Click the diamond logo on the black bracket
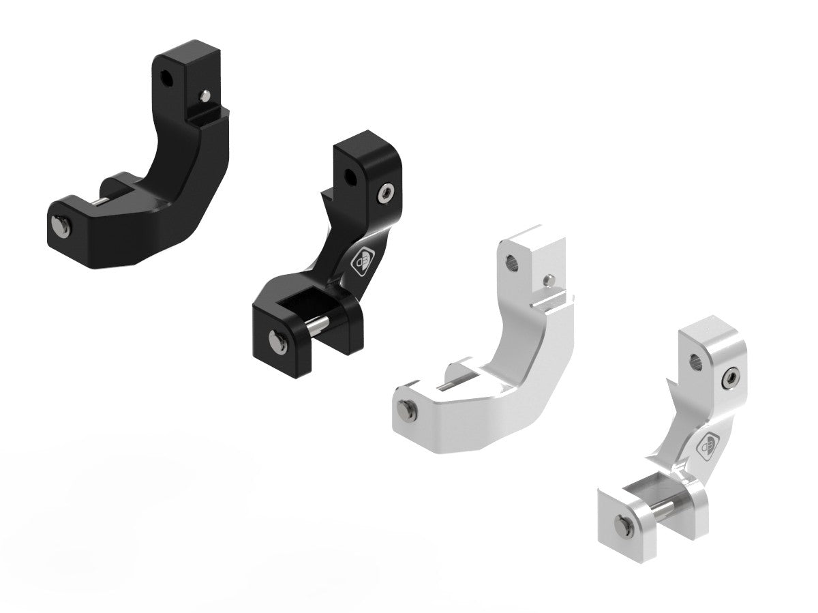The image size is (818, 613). [361, 262]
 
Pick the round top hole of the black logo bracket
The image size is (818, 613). [349, 177]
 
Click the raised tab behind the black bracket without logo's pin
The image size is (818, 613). [113, 185]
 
